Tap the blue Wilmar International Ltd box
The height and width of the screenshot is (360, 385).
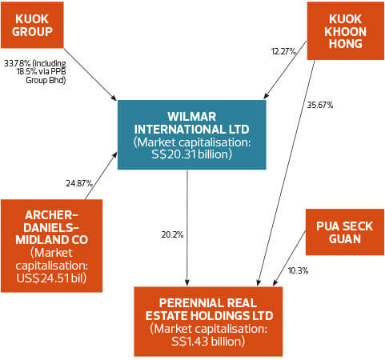(187, 134)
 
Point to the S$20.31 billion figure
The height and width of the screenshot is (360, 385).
(187, 154)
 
